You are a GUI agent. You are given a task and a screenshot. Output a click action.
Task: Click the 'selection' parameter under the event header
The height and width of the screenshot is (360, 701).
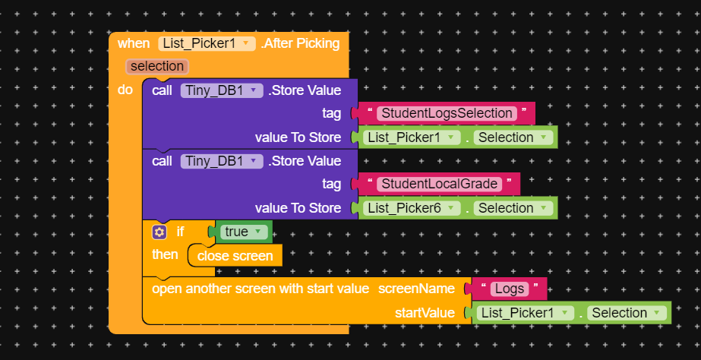click(156, 66)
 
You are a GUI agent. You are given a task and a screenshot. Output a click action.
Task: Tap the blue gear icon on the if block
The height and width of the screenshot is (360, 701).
click(159, 232)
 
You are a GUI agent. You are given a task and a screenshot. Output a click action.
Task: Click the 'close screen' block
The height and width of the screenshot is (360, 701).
click(235, 256)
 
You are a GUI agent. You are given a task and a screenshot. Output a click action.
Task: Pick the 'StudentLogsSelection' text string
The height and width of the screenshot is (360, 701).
click(447, 113)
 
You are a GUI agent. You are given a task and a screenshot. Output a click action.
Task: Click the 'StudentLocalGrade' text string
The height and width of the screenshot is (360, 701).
click(439, 184)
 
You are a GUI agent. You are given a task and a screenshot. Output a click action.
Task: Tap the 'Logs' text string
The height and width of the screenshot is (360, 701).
click(509, 289)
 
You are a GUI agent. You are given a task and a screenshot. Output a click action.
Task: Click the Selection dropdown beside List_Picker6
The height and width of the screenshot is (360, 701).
click(512, 208)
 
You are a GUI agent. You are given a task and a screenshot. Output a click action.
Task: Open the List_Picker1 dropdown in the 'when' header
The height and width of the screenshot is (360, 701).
click(207, 43)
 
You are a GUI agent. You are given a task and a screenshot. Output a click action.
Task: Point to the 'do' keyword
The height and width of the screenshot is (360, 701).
click(125, 90)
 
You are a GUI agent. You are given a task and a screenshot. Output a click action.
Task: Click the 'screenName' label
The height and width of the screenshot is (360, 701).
click(416, 289)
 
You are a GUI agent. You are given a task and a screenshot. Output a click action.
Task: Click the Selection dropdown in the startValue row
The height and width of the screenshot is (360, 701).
click(626, 313)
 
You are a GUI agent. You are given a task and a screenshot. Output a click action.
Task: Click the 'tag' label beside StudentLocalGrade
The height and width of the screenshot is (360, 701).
click(331, 184)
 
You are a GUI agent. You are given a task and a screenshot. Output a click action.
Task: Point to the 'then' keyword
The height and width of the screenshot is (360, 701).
click(165, 254)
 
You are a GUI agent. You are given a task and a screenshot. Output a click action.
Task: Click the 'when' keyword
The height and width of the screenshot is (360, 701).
click(134, 43)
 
